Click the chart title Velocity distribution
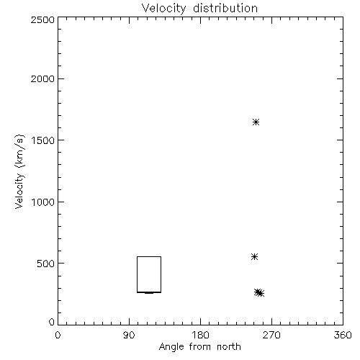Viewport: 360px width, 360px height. (x=199, y=8)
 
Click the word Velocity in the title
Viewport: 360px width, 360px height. (x=163, y=9)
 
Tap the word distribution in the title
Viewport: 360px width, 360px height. (x=225, y=8)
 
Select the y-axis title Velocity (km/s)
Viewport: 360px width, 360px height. (x=19, y=171)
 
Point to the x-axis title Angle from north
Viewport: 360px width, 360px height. (x=199, y=347)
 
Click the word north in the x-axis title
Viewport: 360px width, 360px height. (x=229, y=346)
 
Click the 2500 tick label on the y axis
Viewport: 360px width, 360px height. (x=42, y=19)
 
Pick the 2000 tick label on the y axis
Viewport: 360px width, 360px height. (x=42, y=78)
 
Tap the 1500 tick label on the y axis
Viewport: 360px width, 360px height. (x=43, y=140)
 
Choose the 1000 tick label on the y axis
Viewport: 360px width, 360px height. (x=43, y=202)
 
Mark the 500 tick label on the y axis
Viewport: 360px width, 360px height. (x=46, y=264)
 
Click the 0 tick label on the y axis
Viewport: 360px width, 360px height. (x=52, y=322)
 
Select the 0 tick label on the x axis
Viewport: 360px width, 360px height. (x=58, y=335)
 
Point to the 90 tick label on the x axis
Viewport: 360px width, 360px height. (x=129, y=335)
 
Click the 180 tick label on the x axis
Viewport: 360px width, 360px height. (x=200, y=335)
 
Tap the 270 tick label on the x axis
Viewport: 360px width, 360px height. (x=271, y=335)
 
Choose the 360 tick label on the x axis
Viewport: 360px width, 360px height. (x=343, y=335)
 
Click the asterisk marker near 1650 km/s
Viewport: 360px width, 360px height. (x=256, y=122)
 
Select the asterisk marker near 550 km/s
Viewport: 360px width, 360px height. (x=254, y=257)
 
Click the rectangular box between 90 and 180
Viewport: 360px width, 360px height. (x=137, y=274)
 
